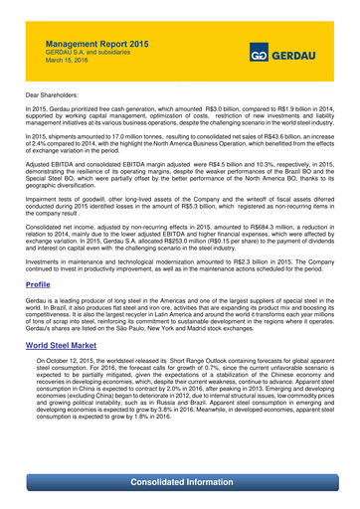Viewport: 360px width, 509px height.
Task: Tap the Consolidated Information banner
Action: point(180,483)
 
